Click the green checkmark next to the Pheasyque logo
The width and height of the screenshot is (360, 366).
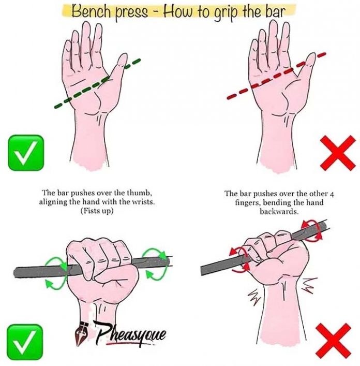[x=25, y=342]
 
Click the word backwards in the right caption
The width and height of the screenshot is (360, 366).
[x=274, y=211]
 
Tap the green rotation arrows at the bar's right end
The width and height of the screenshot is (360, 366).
[x=155, y=261]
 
